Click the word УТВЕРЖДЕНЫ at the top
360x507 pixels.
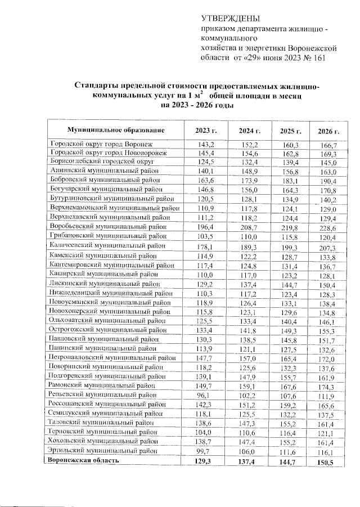(x=228, y=20)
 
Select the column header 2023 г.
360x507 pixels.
(x=206, y=131)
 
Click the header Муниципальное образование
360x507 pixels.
(x=116, y=131)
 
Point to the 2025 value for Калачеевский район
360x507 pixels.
(x=290, y=248)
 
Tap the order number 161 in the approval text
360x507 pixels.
(x=317, y=58)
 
